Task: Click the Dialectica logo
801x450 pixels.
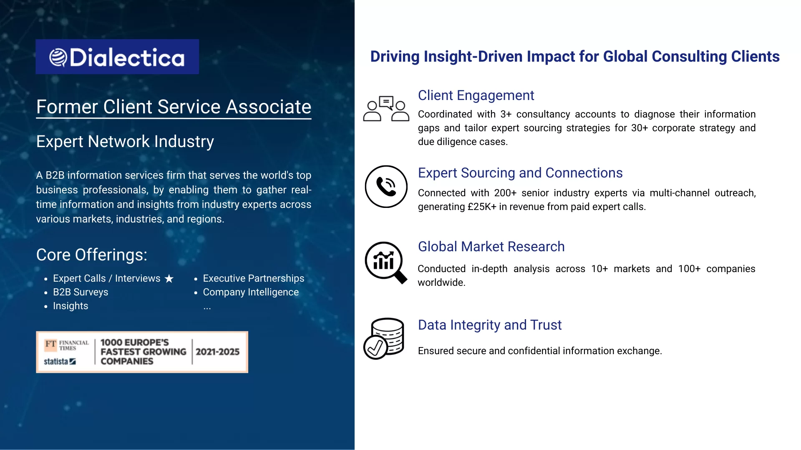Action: [117, 57]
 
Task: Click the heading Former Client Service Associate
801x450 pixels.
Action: [174, 107]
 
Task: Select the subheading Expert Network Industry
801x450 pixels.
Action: [125, 142]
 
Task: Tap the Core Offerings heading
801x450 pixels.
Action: [92, 255]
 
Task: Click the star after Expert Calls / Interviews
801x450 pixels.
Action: [169, 278]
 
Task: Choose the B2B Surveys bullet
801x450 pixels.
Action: [81, 292]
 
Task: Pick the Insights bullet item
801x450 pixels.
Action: [71, 306]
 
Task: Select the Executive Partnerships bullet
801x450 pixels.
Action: [254, 278]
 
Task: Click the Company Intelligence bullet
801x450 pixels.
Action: [251, 292]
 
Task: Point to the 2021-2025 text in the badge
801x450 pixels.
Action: [218, 352]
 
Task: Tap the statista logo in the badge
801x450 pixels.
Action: [60, 361]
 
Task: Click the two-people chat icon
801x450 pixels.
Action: [386, 109]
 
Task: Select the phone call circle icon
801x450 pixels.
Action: [386, 187]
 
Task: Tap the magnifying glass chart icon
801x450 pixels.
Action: [386, 262]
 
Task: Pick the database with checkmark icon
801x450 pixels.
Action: [384, 338]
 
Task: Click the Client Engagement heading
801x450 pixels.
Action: [476, 95]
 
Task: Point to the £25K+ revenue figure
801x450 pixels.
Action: [482, 207]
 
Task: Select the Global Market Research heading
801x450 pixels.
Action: [491, 247]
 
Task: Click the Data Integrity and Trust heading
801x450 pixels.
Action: [490, 325]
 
